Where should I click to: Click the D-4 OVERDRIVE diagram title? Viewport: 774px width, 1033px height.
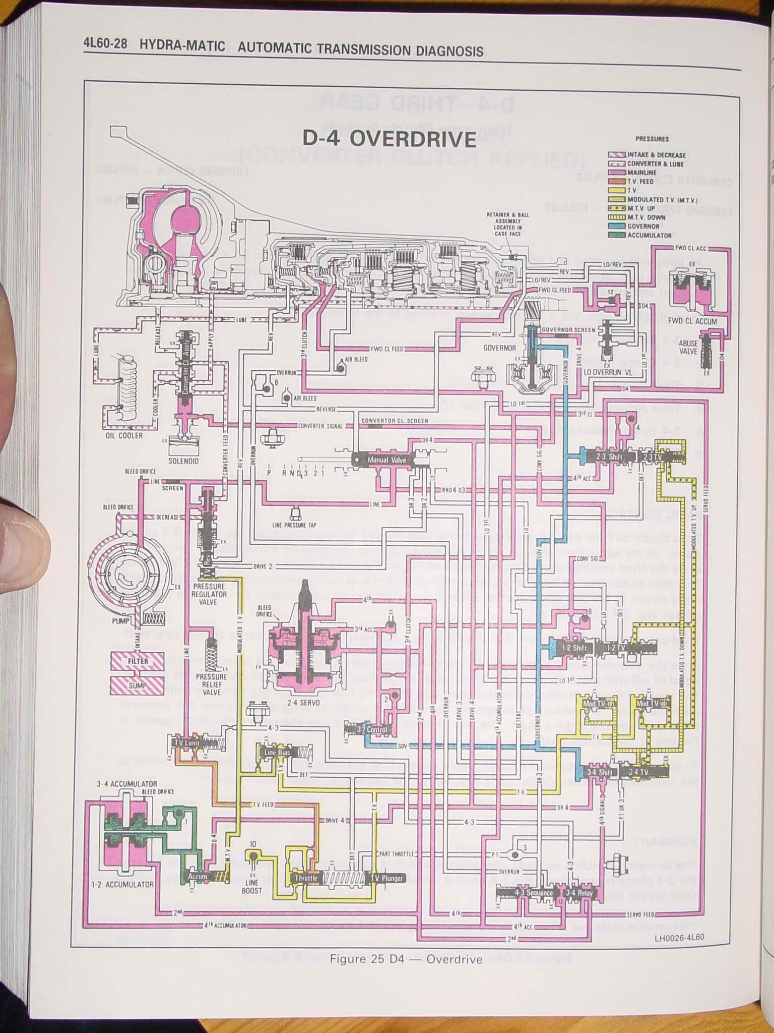click(x=389, y=139)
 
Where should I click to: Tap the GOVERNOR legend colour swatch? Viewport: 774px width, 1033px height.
click(x=617, y=226)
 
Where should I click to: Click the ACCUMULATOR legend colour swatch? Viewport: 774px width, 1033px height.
click(x=617, y=235)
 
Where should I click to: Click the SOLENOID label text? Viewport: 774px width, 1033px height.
click(x=183, y=461)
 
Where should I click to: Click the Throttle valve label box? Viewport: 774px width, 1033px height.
click(x=306, y=878)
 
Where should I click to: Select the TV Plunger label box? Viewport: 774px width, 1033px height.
click(x=386, y=878)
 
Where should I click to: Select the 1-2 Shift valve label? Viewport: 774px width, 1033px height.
click(x=572, y=648)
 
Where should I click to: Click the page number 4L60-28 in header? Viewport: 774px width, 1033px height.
click(x=105, y=46)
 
